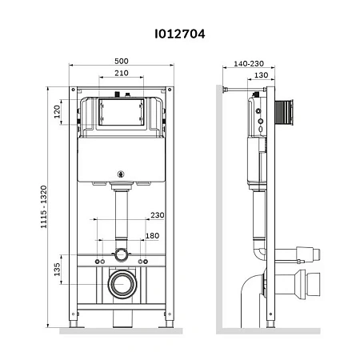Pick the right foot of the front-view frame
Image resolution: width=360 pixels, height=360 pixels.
pyautogui.click(x=166, y=326)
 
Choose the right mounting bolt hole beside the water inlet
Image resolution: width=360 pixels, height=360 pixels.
pyautogui.click(x=145, y=262)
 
